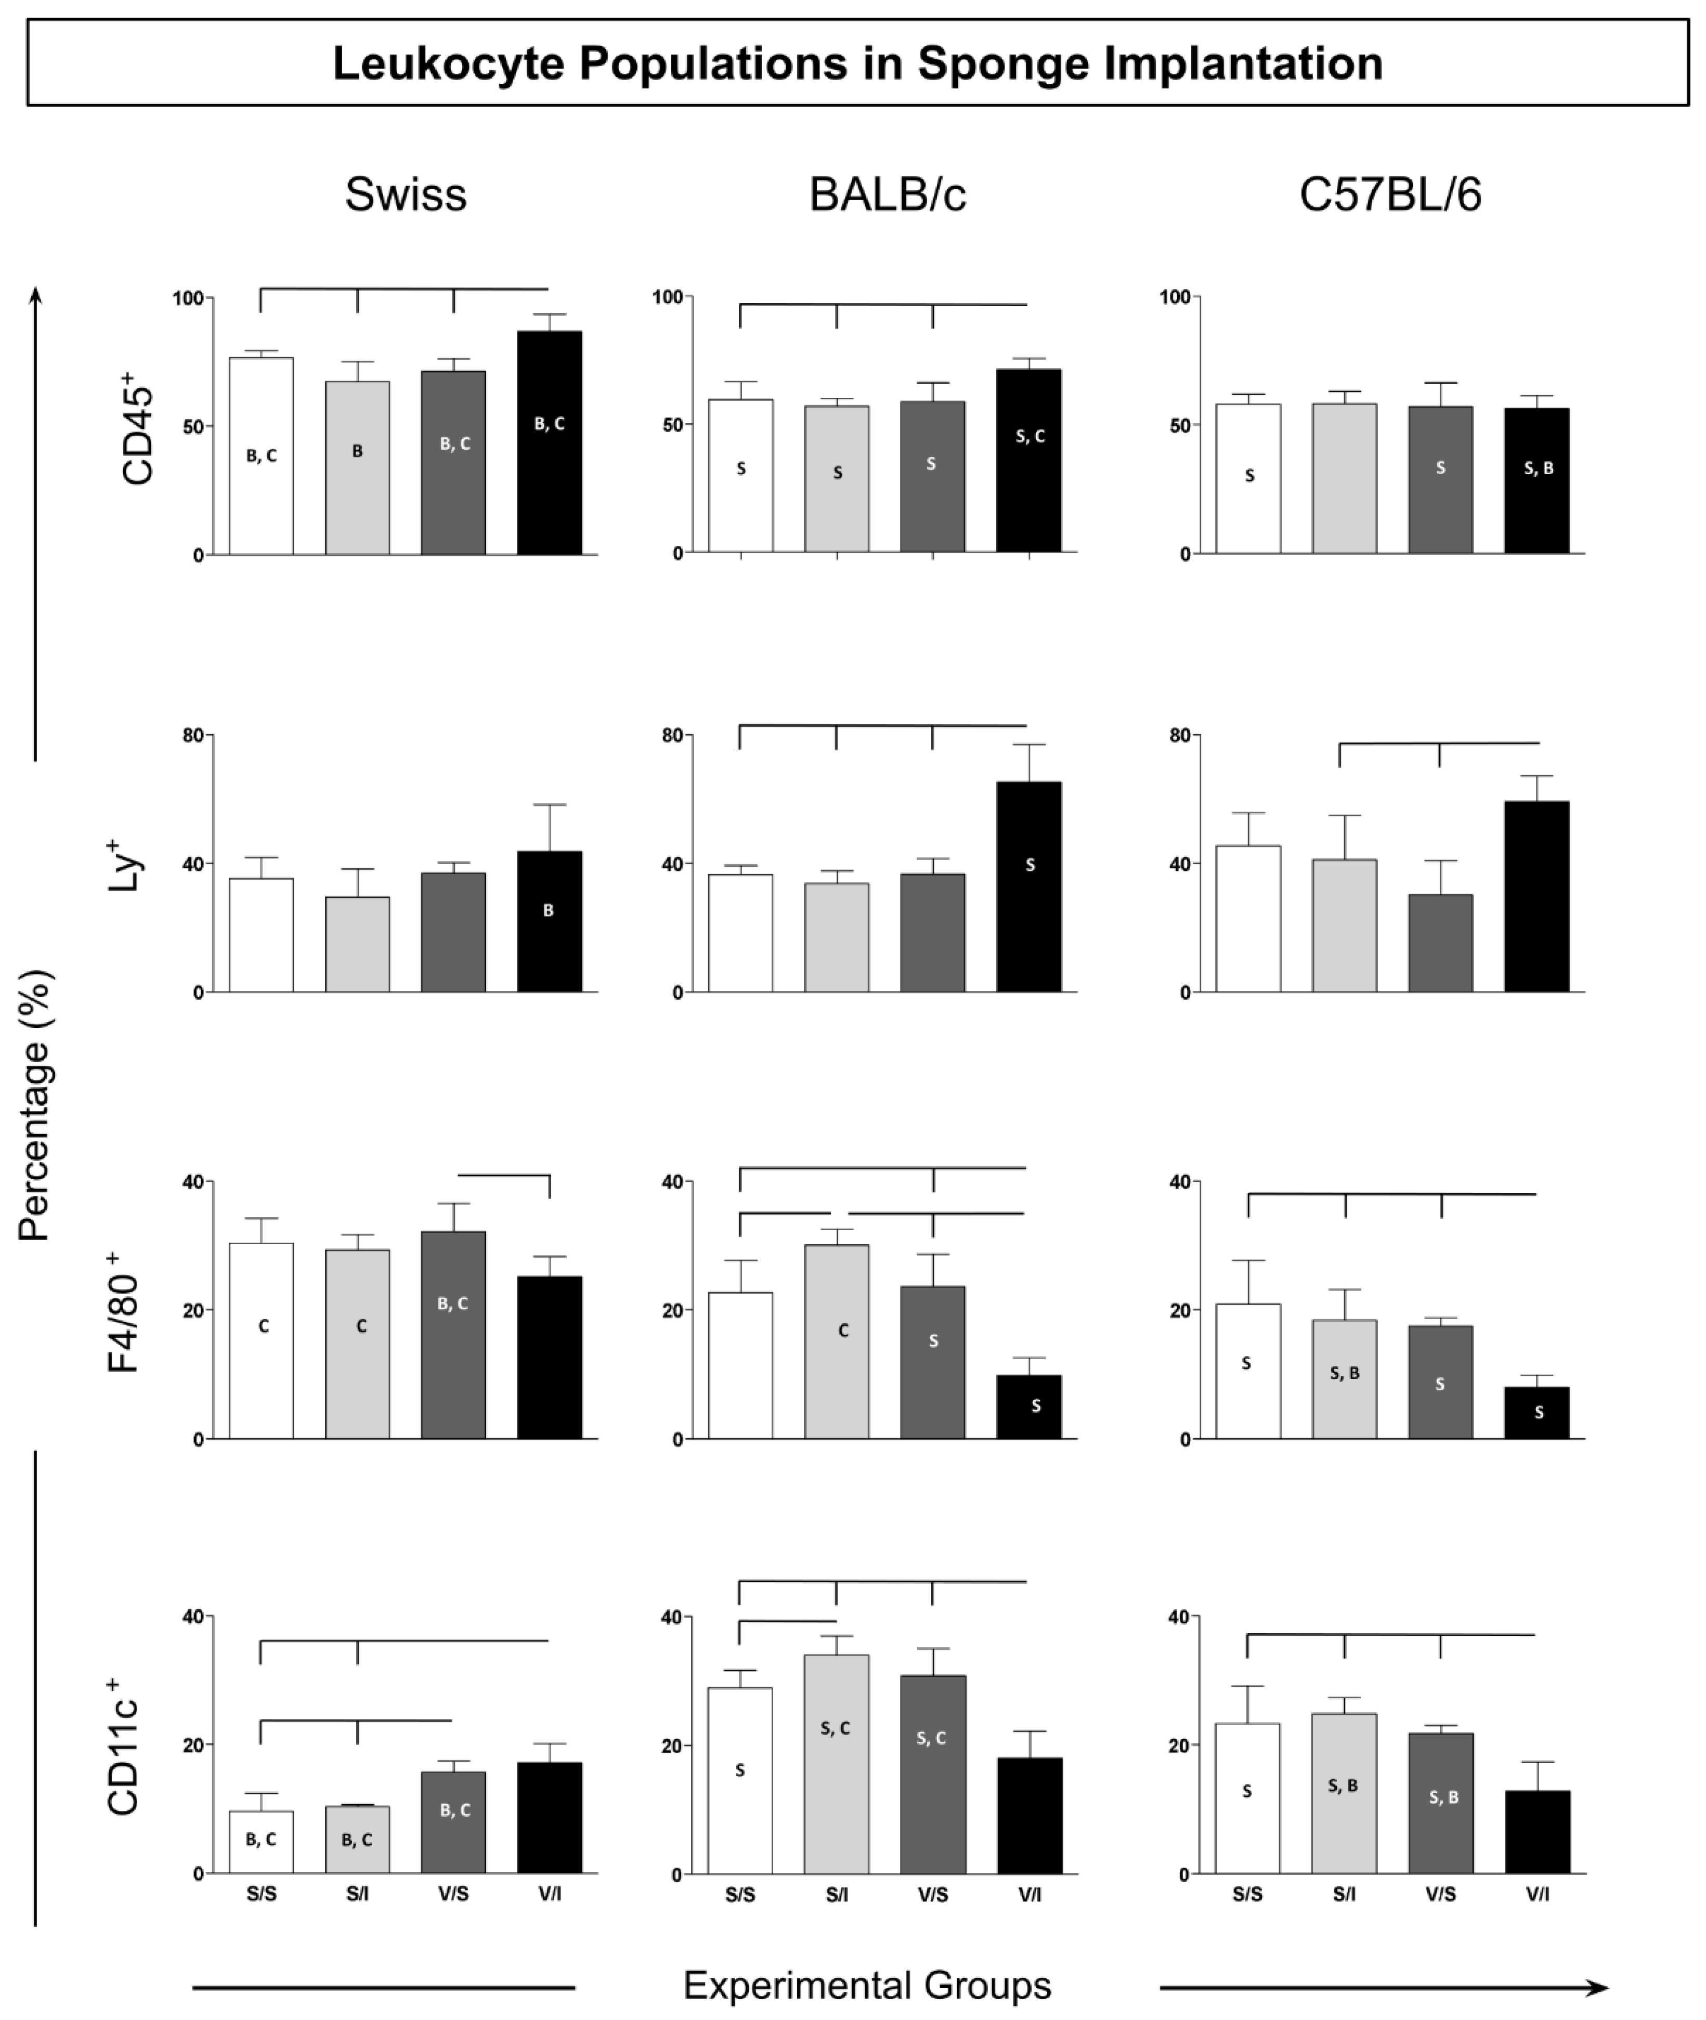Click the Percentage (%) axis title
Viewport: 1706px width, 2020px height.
pyautogui.click(x=35, y=1106)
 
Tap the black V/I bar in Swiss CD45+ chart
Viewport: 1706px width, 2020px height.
pyautogui.click(x=549, y=464)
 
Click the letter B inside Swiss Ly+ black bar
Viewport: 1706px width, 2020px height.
pyautogui.click(x=549, y=910)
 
